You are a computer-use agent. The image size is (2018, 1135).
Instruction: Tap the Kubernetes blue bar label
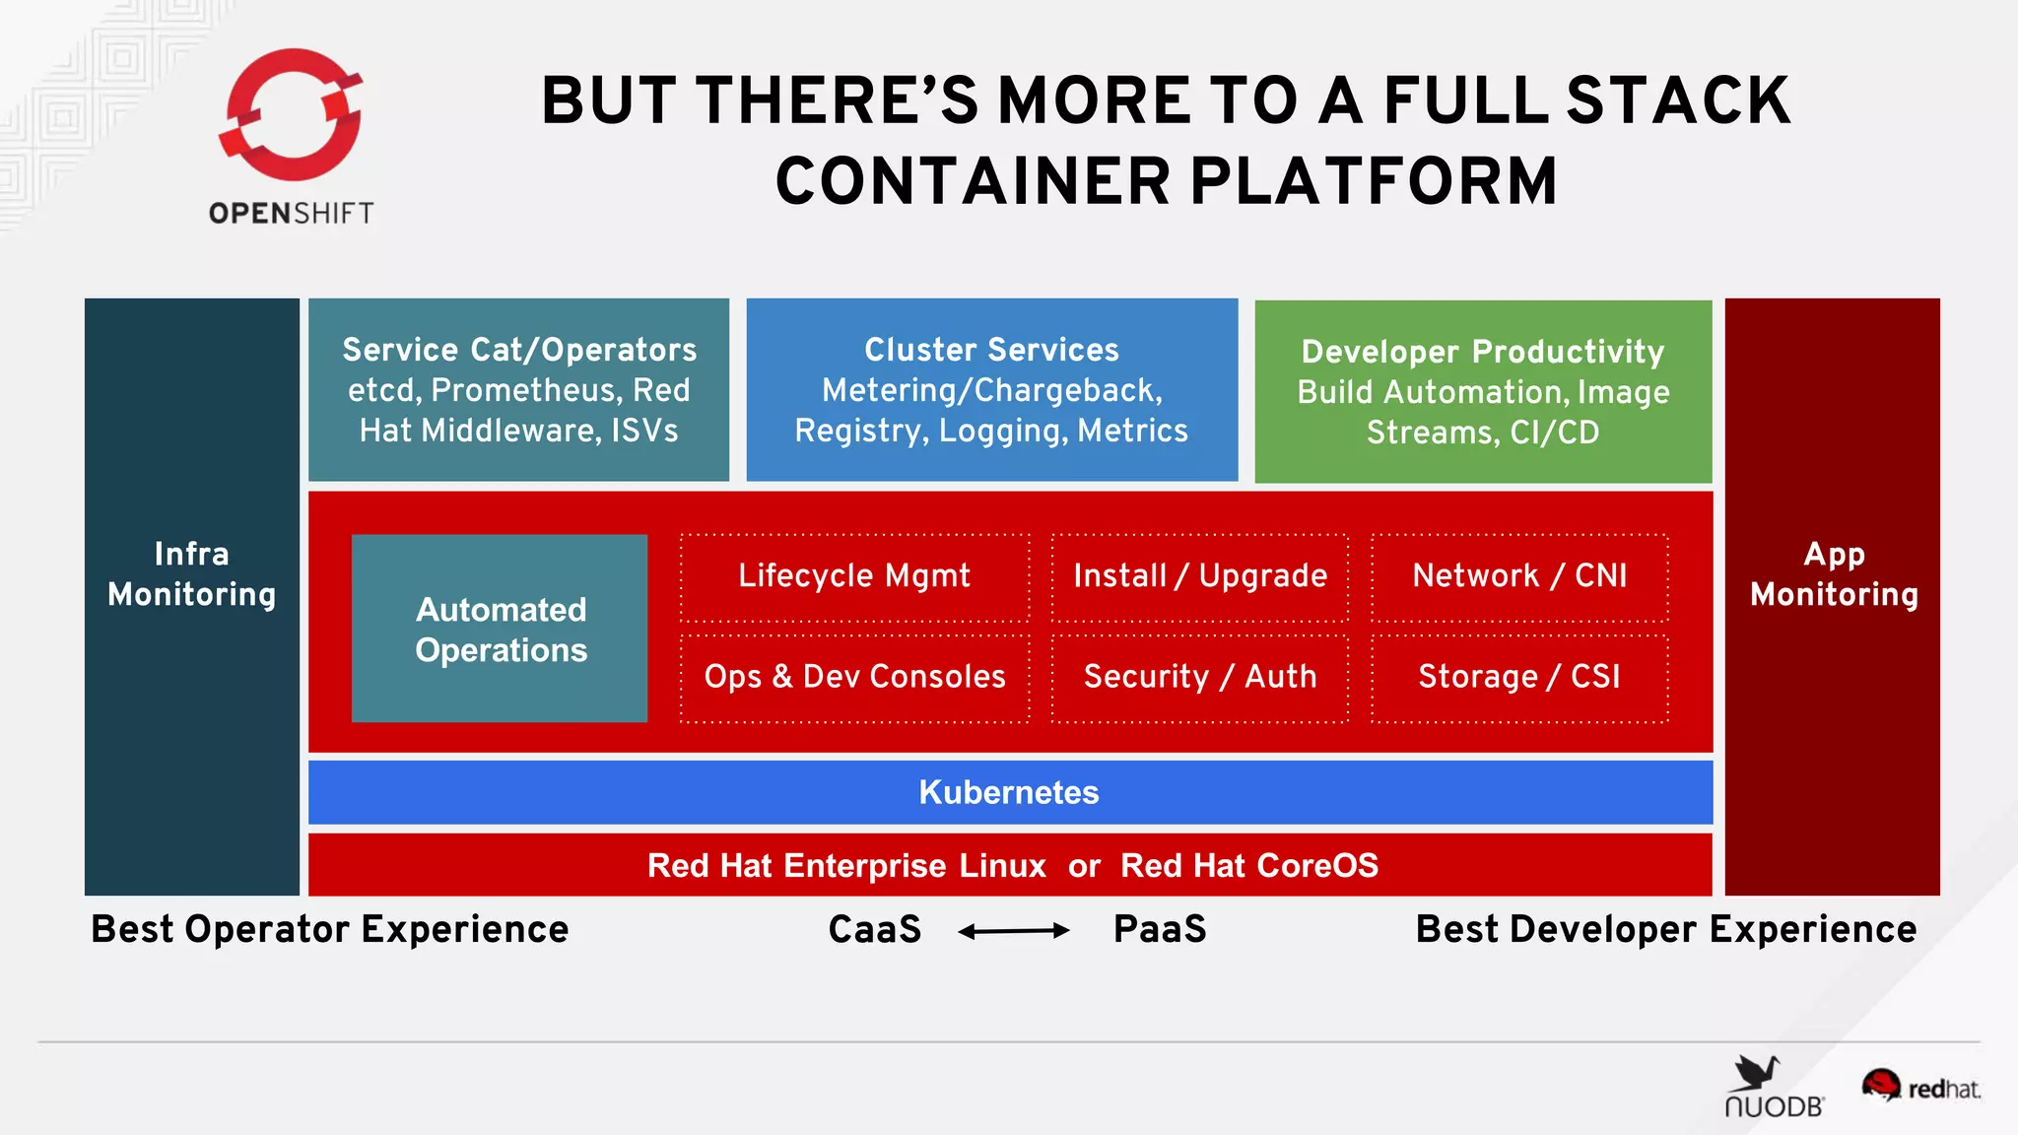[x=1009, y=792]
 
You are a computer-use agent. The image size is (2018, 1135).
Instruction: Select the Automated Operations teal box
[x=500, y=629]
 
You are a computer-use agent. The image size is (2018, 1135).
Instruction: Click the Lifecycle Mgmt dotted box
[x=854, y=576]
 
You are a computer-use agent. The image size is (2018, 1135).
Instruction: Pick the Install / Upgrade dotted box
[x=1199, y=576]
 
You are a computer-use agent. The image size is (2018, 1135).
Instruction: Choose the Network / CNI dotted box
[x=1518, y=576]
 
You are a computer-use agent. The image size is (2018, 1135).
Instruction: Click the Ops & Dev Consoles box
[x=854, y=677]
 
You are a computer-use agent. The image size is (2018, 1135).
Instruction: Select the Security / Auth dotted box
[x=1199, y=677]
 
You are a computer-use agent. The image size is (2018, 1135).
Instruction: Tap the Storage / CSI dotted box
[x=1518, y=677]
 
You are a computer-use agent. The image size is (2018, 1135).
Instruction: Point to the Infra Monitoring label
[x=191, y=574]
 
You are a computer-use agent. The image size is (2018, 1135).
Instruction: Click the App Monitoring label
[x=1833, y=574]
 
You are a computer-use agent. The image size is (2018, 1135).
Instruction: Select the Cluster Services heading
[x=991, y=350]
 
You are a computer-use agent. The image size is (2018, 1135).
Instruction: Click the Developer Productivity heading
[x=1482, y=352]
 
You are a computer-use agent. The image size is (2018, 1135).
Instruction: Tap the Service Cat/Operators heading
[x=519, y=350]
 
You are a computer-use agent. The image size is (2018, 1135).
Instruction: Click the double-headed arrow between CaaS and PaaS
[x=1013, y=930]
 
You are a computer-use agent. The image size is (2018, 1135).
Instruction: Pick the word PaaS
[x=1160, y=929]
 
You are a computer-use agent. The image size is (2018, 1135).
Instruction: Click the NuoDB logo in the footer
[x=1773, y=1088]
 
